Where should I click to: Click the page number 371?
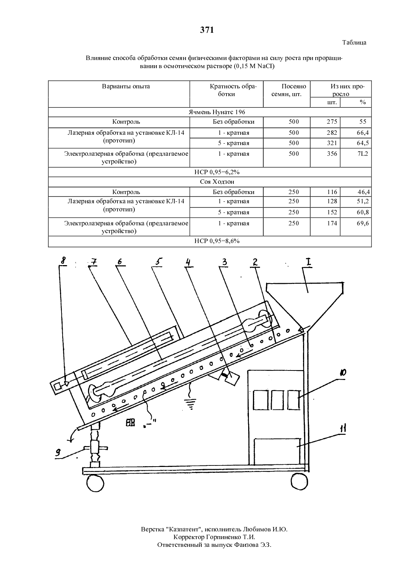tap(207, 30)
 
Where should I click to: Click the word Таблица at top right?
tap(354, 43)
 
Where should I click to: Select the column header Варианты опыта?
tap(126, 87)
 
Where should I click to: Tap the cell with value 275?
tap(332, 122)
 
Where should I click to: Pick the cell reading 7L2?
tap(363, 154)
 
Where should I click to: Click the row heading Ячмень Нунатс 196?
tap(217, 112)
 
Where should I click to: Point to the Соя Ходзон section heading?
tap(217, 182)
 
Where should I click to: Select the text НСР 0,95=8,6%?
tap(217, 241)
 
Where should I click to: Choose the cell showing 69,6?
tap(363, 224)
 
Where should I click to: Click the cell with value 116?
tap(332, 192)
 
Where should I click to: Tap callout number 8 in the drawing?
tap(63, 260)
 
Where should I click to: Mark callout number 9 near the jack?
tap(58, 453)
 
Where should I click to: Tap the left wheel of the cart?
tap(95, 483)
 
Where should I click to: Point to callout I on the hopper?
tap(309, 262)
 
